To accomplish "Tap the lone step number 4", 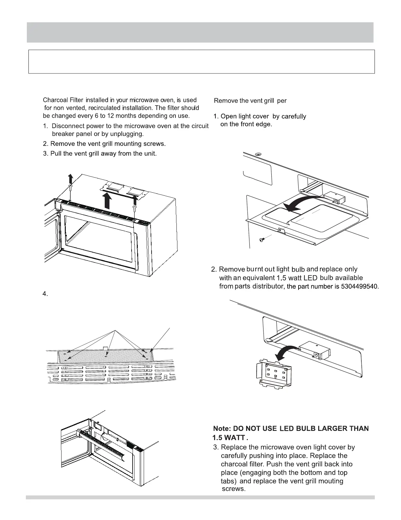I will point(45,294).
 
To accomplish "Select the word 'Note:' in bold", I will point(222,429).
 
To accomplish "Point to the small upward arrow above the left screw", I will point(70,180).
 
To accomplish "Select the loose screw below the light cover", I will point(262,240).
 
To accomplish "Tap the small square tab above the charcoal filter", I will point(105,348).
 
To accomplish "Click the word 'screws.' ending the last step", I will point(233,489).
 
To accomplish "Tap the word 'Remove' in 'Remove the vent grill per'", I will point(226,101).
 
